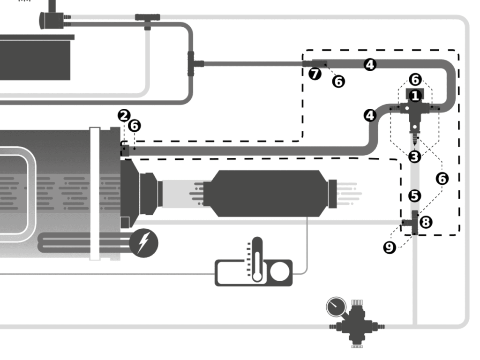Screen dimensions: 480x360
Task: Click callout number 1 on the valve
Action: point(415,96)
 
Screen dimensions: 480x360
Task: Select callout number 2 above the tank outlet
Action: point(124,116)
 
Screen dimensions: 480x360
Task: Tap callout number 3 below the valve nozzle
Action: point(414,157)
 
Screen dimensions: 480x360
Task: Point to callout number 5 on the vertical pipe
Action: point(414,196)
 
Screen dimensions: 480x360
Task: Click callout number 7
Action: point(315,74)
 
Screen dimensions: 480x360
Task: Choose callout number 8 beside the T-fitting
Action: point(426,222)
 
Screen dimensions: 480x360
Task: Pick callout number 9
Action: point(390,247)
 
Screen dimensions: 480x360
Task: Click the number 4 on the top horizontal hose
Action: point(370,65)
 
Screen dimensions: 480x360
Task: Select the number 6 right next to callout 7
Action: point(338,82)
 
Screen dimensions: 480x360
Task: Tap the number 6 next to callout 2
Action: point(135,126)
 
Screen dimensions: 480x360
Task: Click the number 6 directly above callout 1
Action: point(415,80)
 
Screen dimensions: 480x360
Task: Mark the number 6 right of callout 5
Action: point(442,179)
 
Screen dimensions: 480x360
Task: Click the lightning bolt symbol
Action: point(143,243)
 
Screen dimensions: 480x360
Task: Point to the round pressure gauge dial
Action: point(336,307)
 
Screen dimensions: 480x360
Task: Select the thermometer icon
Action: point(257,260)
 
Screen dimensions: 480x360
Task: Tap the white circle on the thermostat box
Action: point(279,272)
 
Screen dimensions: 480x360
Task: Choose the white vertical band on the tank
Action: point(95,194)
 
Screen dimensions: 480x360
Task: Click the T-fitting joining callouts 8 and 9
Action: point(412,223)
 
